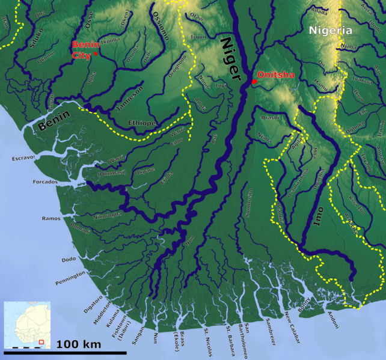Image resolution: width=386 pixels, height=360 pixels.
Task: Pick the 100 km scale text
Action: coord(79,344)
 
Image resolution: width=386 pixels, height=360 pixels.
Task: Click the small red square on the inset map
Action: coord(41,342)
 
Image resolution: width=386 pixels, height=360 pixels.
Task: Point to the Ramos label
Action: coord(51,218)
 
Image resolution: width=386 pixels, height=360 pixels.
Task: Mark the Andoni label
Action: coord(332,319)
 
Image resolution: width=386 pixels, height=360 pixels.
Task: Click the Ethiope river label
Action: coord(142,123)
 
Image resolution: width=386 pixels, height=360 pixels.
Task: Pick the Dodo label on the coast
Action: coord(68,260)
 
